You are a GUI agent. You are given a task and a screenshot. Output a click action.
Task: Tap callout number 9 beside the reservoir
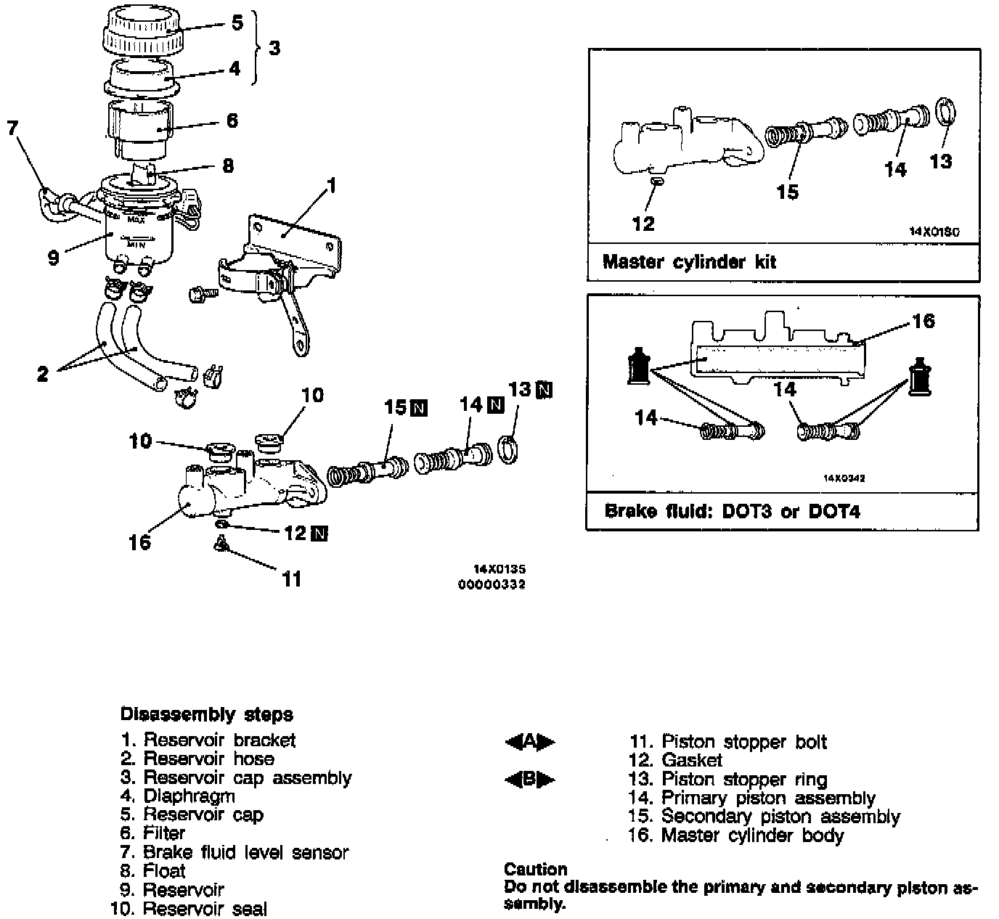[x=53, y=258]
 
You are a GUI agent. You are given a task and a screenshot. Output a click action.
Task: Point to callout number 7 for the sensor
[x=12, y=128]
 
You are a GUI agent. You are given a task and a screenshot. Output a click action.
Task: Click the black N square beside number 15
[x=419, y=408]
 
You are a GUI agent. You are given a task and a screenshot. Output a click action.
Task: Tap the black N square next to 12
[x=319, y=534]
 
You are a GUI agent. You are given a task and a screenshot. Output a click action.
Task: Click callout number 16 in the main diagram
[x=139, y=542]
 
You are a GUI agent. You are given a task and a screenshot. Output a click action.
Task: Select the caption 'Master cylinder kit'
[x=689, y=261]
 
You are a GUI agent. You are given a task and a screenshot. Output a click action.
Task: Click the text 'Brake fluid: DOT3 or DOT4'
[x=732, y=511]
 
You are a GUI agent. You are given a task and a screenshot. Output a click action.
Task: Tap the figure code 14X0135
[x=499, y=570]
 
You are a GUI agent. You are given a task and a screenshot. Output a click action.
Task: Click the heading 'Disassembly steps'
[x=206, y=714]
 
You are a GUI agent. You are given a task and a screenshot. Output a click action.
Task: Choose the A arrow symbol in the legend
[x=529, y=742]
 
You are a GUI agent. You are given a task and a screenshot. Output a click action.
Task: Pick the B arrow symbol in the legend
[x=529, y=780]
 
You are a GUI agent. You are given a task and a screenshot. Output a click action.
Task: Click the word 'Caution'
[x=535, y=869]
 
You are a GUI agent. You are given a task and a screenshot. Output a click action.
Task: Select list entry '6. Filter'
[x=152, y=833]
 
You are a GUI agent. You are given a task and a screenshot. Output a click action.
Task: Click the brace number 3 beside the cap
[x=274, y=48]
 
